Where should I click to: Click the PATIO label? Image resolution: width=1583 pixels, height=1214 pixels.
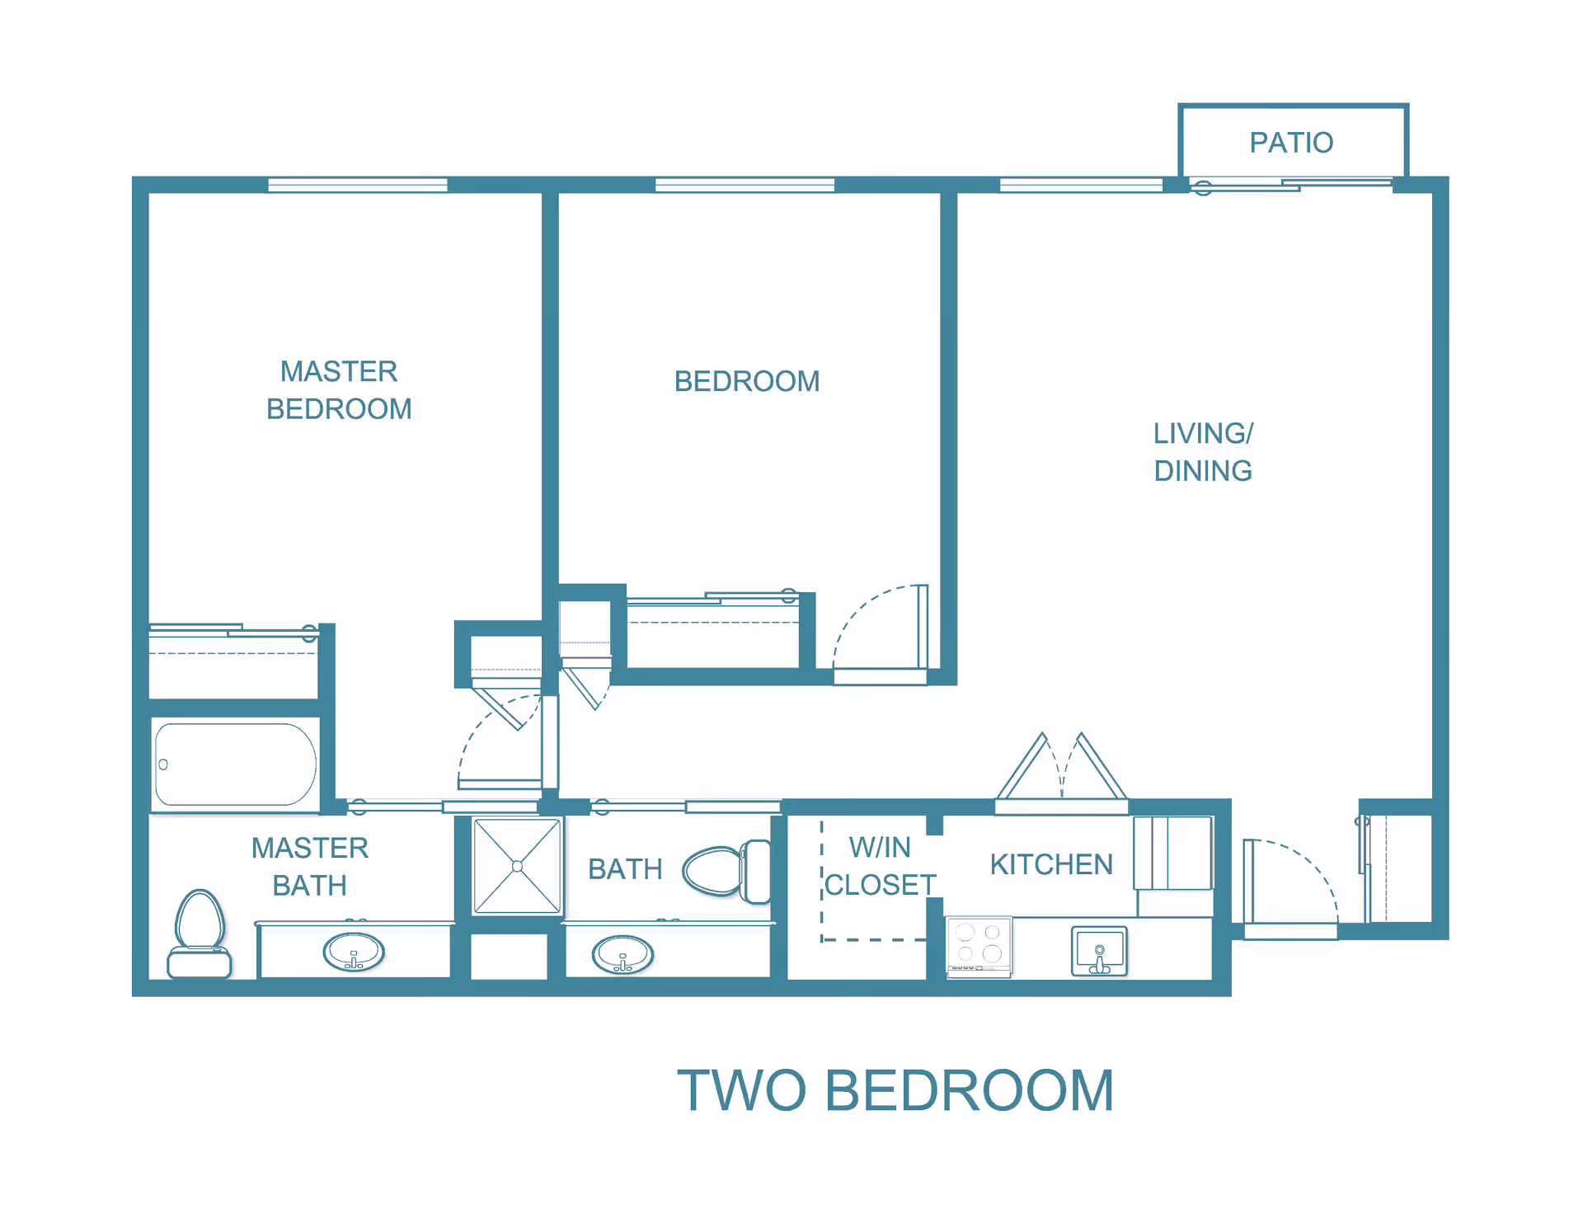tap(1291, 143)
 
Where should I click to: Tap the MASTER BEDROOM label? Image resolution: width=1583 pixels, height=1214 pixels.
tap(339, 390)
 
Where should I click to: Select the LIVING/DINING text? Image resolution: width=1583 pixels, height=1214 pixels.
tap(1203, 452)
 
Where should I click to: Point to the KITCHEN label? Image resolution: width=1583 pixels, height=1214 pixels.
tap(1051, 864)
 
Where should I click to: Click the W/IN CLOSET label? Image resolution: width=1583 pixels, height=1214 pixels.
tap(880, 866)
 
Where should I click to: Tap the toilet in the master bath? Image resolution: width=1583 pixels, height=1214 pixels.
tap(200, 934)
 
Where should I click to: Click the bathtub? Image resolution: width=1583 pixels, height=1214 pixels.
tap(236, 765)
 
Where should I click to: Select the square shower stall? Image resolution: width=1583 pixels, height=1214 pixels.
tap(517, 866)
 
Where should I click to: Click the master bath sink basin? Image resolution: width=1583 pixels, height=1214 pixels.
tap(354, 953)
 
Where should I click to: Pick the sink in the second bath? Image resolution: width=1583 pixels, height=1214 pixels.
tap(622, 955)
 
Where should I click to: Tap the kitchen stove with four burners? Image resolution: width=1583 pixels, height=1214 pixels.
tap(979, 947)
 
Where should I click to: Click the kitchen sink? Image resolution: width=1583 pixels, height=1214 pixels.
tap(1099, 951)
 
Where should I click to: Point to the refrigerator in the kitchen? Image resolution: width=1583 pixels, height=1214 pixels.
tap(1173, 853)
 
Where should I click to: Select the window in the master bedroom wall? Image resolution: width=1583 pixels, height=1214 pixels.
tap(358, 185)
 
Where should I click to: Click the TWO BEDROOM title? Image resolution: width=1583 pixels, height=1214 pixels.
tap(895, 1090)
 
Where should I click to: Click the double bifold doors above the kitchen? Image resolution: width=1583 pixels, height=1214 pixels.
tap(1062, 767)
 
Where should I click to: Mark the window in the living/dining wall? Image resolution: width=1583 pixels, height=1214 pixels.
tap(1081, 185)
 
